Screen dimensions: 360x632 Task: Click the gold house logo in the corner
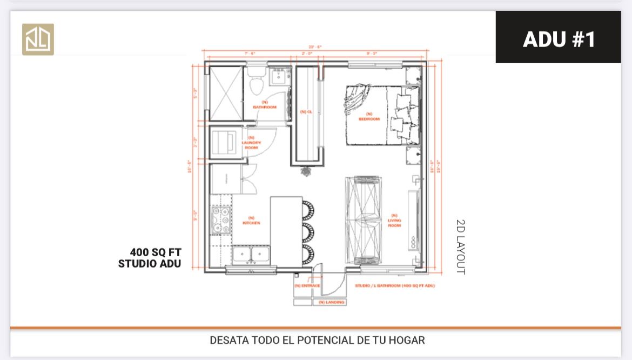click(x=38, y=39)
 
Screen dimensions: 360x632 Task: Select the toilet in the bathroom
click(x=257, y=81)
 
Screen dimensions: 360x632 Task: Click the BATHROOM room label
click(x=265, y=105)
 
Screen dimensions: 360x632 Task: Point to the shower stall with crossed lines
click(x=226, y=93)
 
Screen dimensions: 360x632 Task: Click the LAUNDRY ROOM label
click(x=251, y=143)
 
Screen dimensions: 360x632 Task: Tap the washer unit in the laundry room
click(x=223, y=142)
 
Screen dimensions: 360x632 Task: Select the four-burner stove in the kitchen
click(x=221, y=219)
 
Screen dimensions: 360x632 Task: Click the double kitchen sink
click(x=251, y=254)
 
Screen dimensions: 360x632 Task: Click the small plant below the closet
click(x=306, y=171)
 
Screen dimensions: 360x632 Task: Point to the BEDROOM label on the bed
click(x=369, y=117)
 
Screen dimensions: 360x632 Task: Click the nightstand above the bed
click(x=413, y=76)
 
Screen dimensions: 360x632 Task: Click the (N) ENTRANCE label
click(x=307, y=286)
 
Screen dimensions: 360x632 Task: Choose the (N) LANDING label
click(x=332, y=302)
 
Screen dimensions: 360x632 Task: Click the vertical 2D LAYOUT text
click(x=460, y=246)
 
